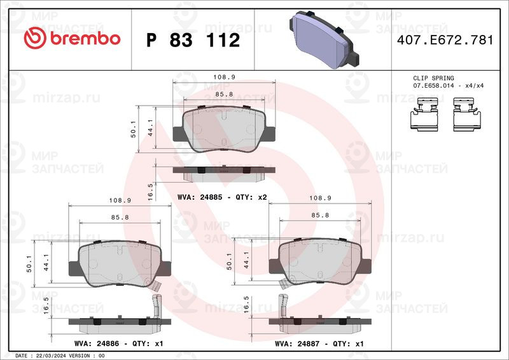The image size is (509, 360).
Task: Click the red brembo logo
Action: [x=72, y=39]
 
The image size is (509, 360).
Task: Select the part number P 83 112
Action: [x=193, y=40]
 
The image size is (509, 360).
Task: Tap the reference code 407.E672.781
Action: [x=445, y=40]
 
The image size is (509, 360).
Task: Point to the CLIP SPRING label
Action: [x=433, y=78]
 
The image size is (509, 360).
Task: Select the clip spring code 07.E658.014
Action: [x=433, y=86]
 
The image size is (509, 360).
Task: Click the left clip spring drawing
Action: [x=424, y=114]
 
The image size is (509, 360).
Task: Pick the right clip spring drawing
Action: [x=467, y=114]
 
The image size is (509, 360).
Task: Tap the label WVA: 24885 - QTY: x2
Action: [x=222, y=197]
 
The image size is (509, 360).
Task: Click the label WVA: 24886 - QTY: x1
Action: [x=118, y=343]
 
